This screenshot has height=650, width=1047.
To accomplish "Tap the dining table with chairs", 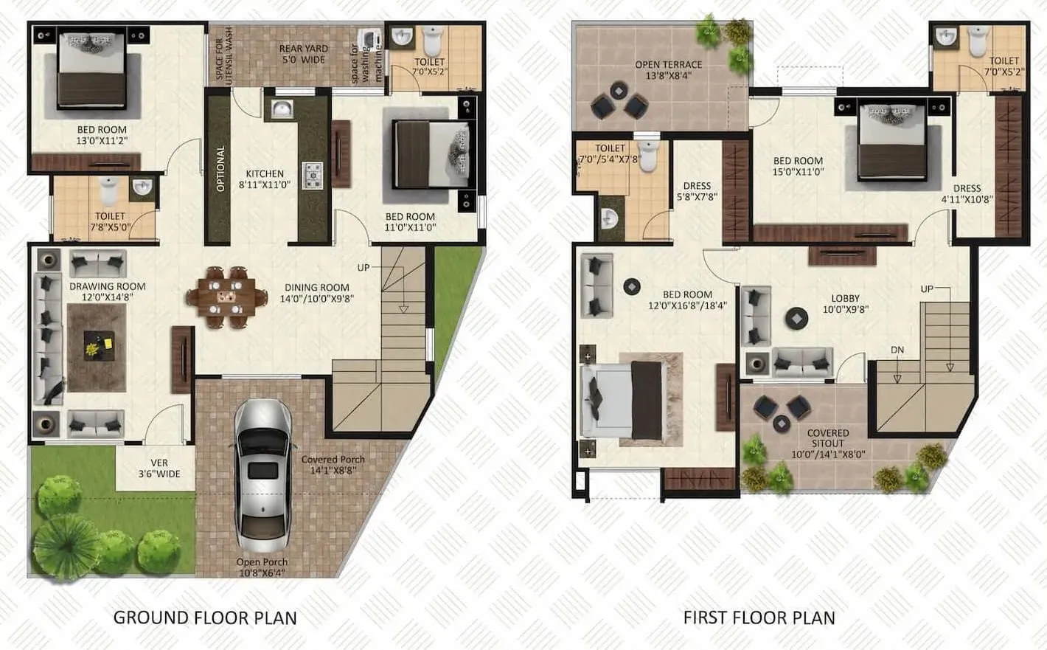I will click(226, 297).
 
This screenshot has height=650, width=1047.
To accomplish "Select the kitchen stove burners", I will click(313, 176).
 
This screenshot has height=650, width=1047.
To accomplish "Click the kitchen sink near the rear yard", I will click(281, 109).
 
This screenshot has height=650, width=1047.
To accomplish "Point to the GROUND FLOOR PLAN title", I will click(205, 618).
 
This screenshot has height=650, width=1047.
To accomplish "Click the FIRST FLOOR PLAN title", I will click(759, 618).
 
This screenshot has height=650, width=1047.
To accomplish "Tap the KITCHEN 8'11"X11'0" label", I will click(265, 179).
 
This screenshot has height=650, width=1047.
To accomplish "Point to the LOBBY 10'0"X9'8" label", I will click(845, 304).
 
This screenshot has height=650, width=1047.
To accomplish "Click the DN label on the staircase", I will click(897, 350).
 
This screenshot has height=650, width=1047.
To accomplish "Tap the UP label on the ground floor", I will click(364, 267).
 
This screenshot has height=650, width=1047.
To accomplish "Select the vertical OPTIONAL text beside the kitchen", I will click(220, 168).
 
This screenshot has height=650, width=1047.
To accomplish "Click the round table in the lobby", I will click(796, 318).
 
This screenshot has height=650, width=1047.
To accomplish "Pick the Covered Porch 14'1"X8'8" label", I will click(333, 464).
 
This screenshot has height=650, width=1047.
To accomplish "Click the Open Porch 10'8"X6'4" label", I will click(262, 567).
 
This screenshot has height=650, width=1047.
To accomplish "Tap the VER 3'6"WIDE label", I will click(159, 469).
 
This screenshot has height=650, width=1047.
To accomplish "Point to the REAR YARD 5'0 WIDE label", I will click(303, 54).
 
